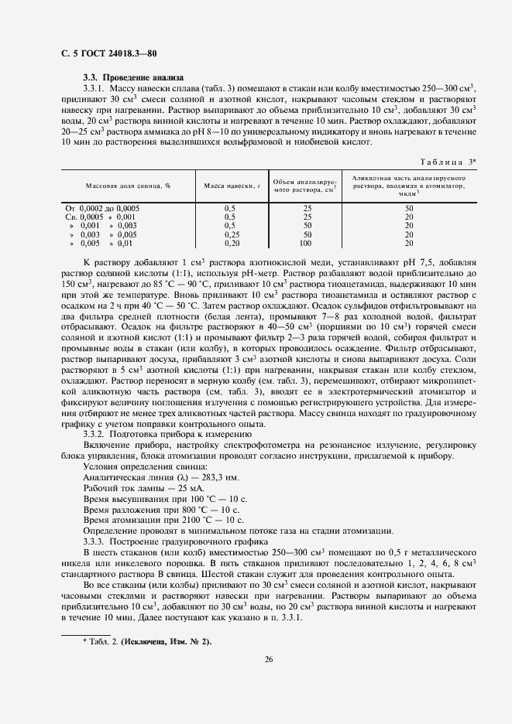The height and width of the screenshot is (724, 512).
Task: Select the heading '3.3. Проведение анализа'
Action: [133, 78]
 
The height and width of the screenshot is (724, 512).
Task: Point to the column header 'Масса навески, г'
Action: [230, 186]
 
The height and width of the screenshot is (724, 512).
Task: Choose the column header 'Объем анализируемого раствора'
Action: [307, 186]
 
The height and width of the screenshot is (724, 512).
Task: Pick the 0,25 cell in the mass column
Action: [230, 234]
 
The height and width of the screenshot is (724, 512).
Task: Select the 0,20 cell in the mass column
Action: [230, 242]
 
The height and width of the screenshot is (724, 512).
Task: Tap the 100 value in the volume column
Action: [308, 242]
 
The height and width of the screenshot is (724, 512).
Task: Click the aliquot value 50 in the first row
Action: [409, 209]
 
